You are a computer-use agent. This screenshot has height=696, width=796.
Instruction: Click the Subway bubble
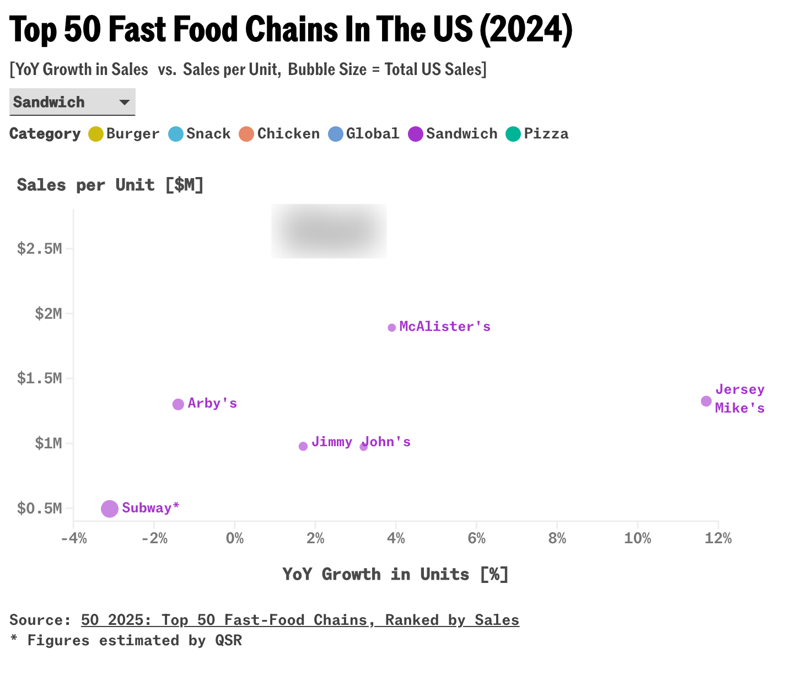110,508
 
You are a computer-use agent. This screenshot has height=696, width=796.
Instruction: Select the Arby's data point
178,404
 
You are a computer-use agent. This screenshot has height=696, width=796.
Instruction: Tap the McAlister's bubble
392,328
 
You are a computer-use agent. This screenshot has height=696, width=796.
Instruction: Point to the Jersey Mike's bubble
706,401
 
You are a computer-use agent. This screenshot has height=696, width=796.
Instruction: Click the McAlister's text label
444,326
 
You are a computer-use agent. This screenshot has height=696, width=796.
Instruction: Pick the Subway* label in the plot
150,508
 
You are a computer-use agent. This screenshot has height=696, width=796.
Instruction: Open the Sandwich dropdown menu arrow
125,102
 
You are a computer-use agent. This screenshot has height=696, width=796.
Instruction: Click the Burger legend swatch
96,134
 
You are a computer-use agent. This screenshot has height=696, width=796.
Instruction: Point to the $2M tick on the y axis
48,314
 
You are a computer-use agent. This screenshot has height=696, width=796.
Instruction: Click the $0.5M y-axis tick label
39,508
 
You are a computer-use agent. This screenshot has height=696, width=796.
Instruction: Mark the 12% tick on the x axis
718,538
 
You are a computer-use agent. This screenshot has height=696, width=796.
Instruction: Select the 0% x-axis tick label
235,538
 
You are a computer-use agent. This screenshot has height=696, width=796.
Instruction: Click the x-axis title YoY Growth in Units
395,574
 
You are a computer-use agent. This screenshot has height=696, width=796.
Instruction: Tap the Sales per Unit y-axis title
110,185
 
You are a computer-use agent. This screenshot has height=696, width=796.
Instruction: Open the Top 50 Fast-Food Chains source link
300,620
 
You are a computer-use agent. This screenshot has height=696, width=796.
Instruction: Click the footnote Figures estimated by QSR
126,640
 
